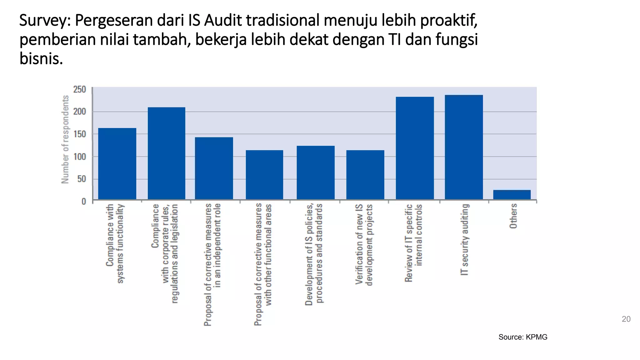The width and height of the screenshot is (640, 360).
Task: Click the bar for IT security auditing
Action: pyautogui.click(x=464, y=147)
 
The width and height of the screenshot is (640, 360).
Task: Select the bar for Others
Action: pyautogui.click(x=512, y=194)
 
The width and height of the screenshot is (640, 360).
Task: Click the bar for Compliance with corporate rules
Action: pyautogui.click(x=166, y=153)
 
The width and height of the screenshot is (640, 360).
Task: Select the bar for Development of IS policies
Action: pyautogui.click(x=315, y=172)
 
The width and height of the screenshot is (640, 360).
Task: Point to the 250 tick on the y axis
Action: pyautogui.click(x=79, y=89)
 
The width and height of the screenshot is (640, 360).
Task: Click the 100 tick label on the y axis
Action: pyautogui.click(x=79, y=157)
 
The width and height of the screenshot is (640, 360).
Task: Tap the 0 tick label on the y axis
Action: pyautogui.click(x=84, y=202)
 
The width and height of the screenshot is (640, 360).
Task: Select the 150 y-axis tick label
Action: pyautogui.click(x=79, y=134)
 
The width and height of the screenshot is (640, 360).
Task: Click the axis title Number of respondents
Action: pyautogui.click(x=65, y=139)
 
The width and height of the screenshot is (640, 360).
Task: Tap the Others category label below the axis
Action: pyautogui.click(x=513, y=216)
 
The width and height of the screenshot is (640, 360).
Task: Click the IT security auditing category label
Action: pyautogui.click(x=465, y=239)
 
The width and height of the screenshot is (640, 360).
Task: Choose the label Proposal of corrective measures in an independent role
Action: pyautogui.click(x=212, y=264)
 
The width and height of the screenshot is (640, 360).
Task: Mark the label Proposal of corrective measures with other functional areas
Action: pyautogui.click(x=263, y=264)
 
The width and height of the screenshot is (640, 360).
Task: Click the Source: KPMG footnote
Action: pyautogui.click(x=522, y=337)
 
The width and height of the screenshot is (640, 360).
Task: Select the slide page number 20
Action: pyautogui.click(x=626, y=319)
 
